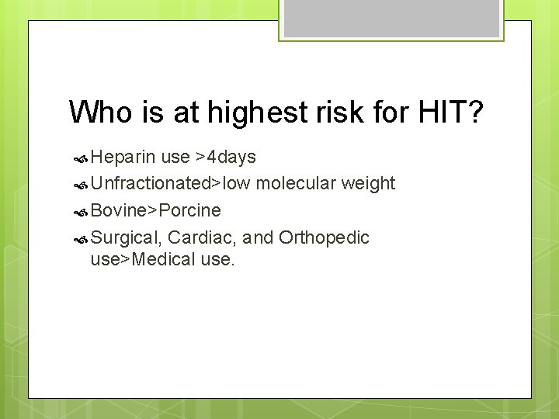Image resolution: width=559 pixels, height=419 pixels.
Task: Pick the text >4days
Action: pos(226,158)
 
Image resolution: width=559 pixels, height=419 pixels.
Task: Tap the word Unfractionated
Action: pos(151,184)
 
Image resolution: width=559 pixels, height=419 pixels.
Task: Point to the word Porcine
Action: pos(189,210)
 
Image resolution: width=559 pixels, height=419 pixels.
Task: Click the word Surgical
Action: pos(125,237)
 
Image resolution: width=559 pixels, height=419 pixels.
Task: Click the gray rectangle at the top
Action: pos(391,18)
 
